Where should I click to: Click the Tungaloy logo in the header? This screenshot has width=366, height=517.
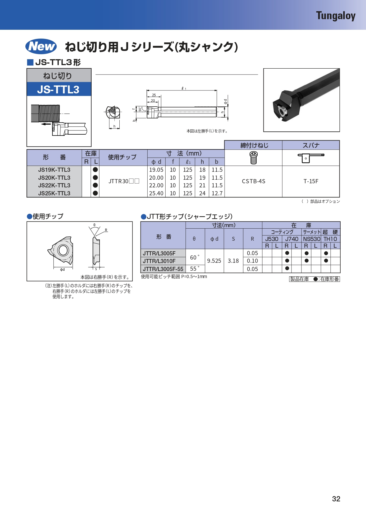[x=336, y=16]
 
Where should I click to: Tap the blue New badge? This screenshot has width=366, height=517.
[x=41, y=46]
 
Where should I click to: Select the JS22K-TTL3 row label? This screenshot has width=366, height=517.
[x=54, y=186]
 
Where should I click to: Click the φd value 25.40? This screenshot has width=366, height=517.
[x=156, y=194]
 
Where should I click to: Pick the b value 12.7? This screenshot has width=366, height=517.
[x=217, y=194]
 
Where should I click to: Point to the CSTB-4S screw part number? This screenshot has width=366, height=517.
[x=253, y=181]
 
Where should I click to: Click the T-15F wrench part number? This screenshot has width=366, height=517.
[x=311, y=181]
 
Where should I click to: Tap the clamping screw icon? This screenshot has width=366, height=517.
[x=253, y=158]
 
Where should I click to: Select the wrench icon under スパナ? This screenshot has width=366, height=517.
[x=311, y=158]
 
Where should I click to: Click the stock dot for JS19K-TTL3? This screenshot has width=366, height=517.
[x=95, y=170]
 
